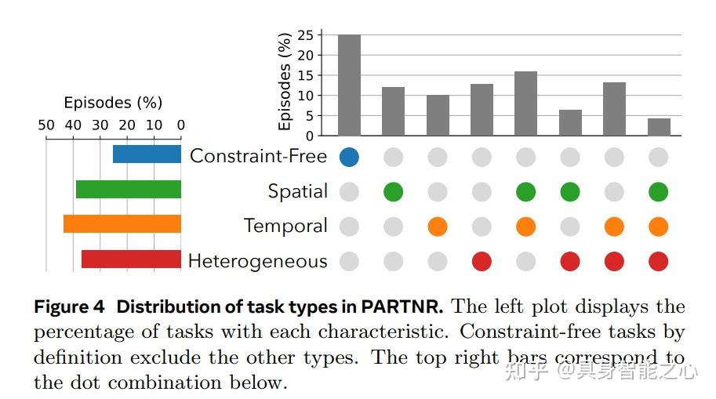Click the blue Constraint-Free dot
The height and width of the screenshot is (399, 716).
pyautogui.click(x=349, y=157)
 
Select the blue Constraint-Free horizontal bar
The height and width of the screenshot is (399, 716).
pyautogui.click(x=147, y=154)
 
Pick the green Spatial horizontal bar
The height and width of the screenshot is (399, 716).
pyautogui.click(x=128, y=190)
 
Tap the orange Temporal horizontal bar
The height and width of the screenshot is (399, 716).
pyautogui.click(x=122, y=224)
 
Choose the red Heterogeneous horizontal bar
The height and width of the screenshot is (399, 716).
pyautogui.click(x=131, y=259)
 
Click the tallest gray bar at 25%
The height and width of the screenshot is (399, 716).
pyautogui.click(x=349, y=85)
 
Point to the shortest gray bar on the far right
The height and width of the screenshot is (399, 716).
pyautogui.click(x=659, y=127)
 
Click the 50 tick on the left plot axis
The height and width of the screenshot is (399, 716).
pyautogui.click(x=46, y=125)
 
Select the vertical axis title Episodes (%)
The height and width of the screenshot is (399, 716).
pyautogui.click(x=285, y=82)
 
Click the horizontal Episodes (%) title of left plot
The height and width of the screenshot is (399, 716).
pyautogui.click(x=113, y=103)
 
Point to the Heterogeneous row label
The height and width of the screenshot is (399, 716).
pyautogui.click(x=257, y=261)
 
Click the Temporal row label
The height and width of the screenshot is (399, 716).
pyautogui.click(x=285, y=227)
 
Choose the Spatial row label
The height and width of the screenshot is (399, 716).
pyautogui.click(x=297, y=191)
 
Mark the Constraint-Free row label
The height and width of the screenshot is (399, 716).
pyautogui.click(x=258, y=156)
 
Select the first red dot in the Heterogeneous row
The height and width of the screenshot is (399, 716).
pyautogui.click(x=482, y=261)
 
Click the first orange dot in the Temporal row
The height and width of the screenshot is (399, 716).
pyautogui.click(x=438, y=227)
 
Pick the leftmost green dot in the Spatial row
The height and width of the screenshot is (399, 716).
pyautogui.click(x=393, y=191)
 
